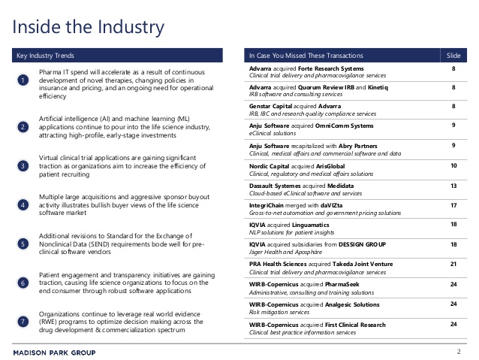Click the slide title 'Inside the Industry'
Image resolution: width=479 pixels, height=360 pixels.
coord(89,28)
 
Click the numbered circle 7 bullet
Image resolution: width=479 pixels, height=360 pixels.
coord(23,322)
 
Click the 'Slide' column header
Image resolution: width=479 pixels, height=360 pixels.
coord(453,56)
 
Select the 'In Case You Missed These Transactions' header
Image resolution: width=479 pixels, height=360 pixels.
coord(306,56)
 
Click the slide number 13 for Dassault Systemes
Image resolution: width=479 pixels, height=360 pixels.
coord(453,184)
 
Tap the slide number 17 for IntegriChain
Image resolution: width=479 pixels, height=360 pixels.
coord(453,204)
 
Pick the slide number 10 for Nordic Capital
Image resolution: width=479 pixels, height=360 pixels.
coord(453,165)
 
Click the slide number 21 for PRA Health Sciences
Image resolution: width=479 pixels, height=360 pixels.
coord(453,264)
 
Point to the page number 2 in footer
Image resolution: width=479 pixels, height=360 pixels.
coord(458,352)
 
